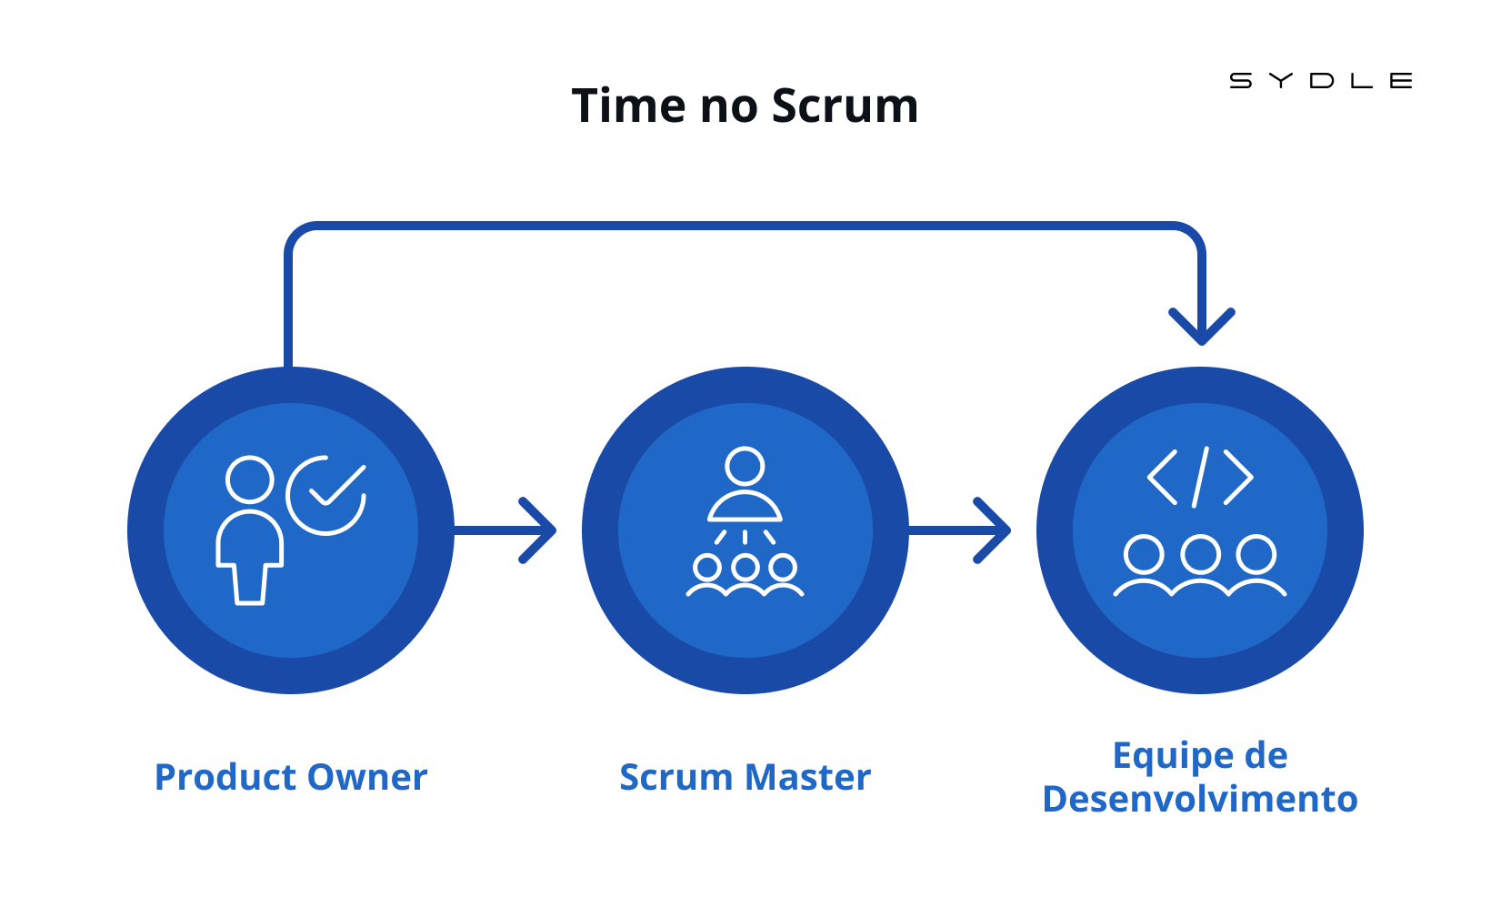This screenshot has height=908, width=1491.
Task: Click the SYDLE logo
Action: click(1320, 81)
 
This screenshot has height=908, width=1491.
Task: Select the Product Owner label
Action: click(291, 777)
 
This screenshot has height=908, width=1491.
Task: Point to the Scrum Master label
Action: click(745, 777)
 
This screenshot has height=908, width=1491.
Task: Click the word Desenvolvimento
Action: click(1200, 799)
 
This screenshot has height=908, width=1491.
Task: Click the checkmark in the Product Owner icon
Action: click(337, 486)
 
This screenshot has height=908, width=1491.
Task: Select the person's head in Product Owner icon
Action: click(250, 479)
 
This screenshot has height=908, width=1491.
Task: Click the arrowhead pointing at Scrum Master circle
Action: click(541, 530)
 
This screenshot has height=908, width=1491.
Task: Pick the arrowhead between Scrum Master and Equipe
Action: click(996, 530)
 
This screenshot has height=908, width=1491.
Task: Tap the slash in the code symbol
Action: click(1201, 477)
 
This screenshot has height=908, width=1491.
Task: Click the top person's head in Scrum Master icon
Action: click(745, 466)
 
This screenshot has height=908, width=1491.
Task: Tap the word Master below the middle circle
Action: click(808, 777)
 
